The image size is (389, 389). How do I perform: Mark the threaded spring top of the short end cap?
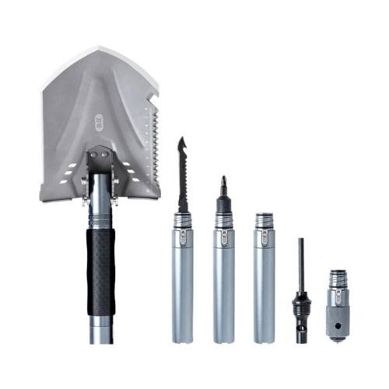pos(337,278)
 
